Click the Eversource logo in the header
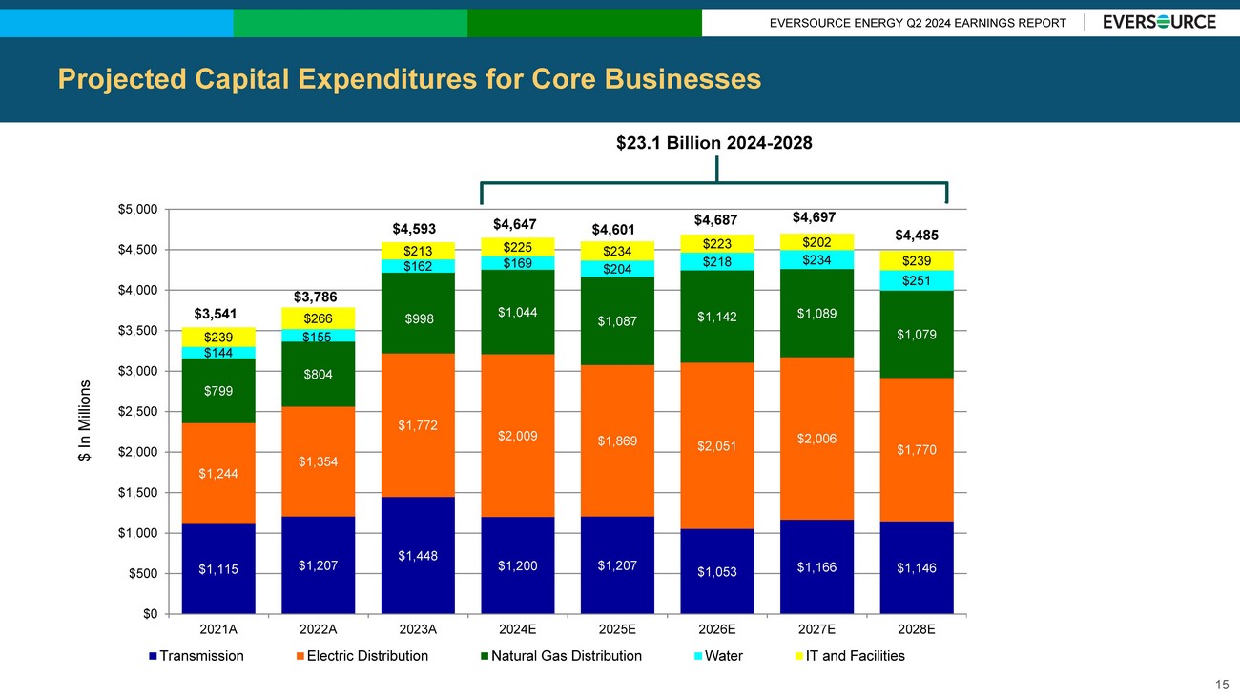click(x=1159, y=22)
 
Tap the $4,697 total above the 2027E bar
click(x=816, y=216)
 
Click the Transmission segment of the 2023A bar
click(x=418, y=555)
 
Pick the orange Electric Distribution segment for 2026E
click(x=716, y=445)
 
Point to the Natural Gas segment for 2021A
click(x=218, y=390)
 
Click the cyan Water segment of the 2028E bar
click(x=917, y=280)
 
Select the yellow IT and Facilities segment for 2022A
click(x=318, y=318)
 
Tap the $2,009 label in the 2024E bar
click(x=517, y=436)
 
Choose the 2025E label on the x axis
click(x=617, y=629)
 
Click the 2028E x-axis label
click(x=917, y=629)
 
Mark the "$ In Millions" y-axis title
click(x=84, y=420)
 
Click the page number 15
click(x=1222, y=684)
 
